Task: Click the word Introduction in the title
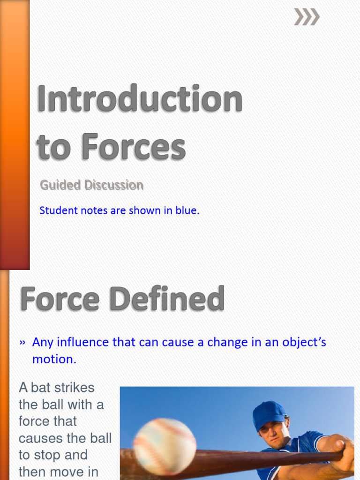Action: coord(140,99)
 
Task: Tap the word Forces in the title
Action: coord(133,147)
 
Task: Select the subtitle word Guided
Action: coord(60,185)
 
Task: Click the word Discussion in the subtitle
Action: coord(114,185)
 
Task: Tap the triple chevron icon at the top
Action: coord(307,17)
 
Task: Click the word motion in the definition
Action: coord(52,360)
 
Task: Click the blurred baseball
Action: coord(165,446)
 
